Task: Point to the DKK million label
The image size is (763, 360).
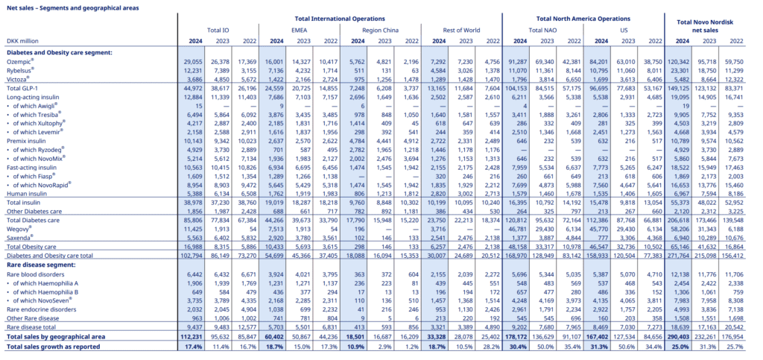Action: click(x=22, y=42)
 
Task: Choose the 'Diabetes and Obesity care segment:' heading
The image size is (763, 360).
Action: click(x=59, y=52)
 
